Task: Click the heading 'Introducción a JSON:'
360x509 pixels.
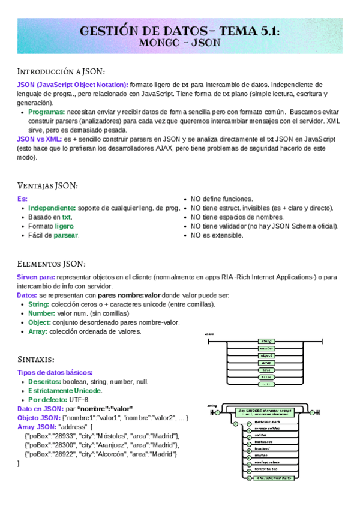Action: coord(61,71)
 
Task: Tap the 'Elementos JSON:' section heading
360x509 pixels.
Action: coord(51,264)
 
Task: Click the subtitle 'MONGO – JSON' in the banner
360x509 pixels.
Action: coord(179,43)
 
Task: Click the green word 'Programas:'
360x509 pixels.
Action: coord(46,112)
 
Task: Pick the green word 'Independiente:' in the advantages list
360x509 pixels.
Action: coord(52,208)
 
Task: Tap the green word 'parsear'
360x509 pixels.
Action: coord(66,235)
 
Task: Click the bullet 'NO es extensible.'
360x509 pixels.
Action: coord(217,235)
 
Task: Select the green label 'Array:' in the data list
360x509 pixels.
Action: coord(38,331)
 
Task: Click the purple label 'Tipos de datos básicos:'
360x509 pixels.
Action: coord(55,372)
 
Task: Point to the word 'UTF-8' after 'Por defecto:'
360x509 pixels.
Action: coord(79,400)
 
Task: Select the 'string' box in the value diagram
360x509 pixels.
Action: coord(266,341)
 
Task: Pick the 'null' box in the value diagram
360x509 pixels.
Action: coord(266,384)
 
